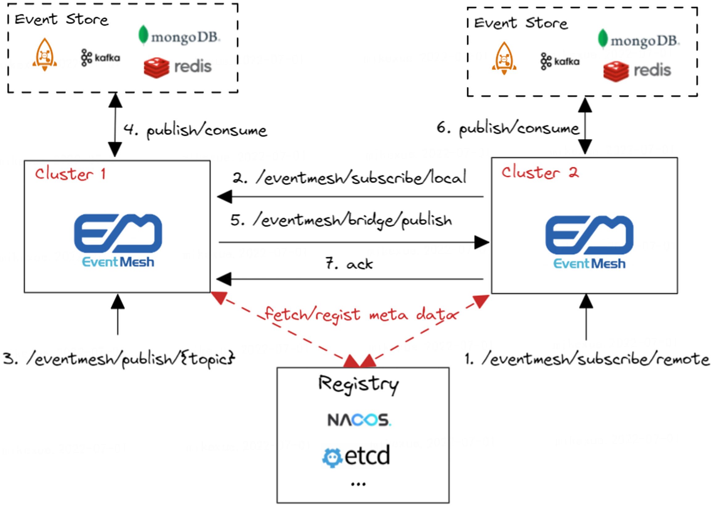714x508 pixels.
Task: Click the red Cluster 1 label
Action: (x=70, y=174)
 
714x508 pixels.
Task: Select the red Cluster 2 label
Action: (x=540, y=172)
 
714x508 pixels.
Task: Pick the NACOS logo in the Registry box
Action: (x=359, y=420)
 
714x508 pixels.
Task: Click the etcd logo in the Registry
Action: (x=357, y=456)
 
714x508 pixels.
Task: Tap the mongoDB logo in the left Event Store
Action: (x=180, y=36)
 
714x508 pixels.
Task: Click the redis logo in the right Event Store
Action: (x=637, y=71)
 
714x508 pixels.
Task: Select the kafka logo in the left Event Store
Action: (x=101, y=58)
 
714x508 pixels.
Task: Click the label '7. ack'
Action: (x=349, y=264)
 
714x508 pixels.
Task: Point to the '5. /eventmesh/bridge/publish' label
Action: (x=341, y=220)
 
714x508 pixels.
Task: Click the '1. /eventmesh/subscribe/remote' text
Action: (x=587, y=359)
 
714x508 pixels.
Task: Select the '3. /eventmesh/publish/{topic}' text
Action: (x=119, y=358)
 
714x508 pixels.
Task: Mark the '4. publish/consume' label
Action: (x=195, y=130)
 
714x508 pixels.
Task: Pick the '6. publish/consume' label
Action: (x=508, y=128)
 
